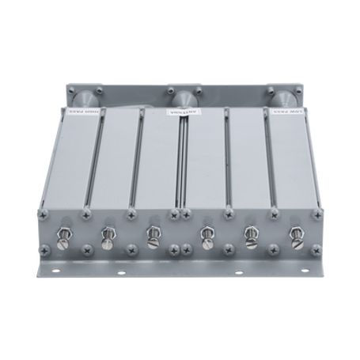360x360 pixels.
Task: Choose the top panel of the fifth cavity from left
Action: (249, 166)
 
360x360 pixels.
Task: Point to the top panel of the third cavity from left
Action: (158, 166)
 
